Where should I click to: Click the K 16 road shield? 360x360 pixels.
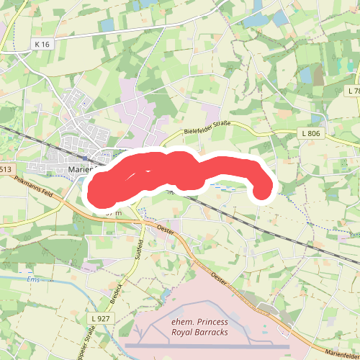click(x=42, y=45)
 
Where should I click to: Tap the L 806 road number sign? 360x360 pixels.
click(x=310, y=133)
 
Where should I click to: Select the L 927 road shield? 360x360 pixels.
click(x=101, y=318)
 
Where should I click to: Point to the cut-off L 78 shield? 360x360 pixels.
click(x=353, y=91)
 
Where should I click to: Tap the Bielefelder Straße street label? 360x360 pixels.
click(x=207, y=127)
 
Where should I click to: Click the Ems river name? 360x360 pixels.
click(x=31, y=279)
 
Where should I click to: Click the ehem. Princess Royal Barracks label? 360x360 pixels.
click(x=199, y=327)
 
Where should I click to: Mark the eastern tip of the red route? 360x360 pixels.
click(x=262, y=190)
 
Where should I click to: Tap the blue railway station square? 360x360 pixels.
click(x=85, y=158)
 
